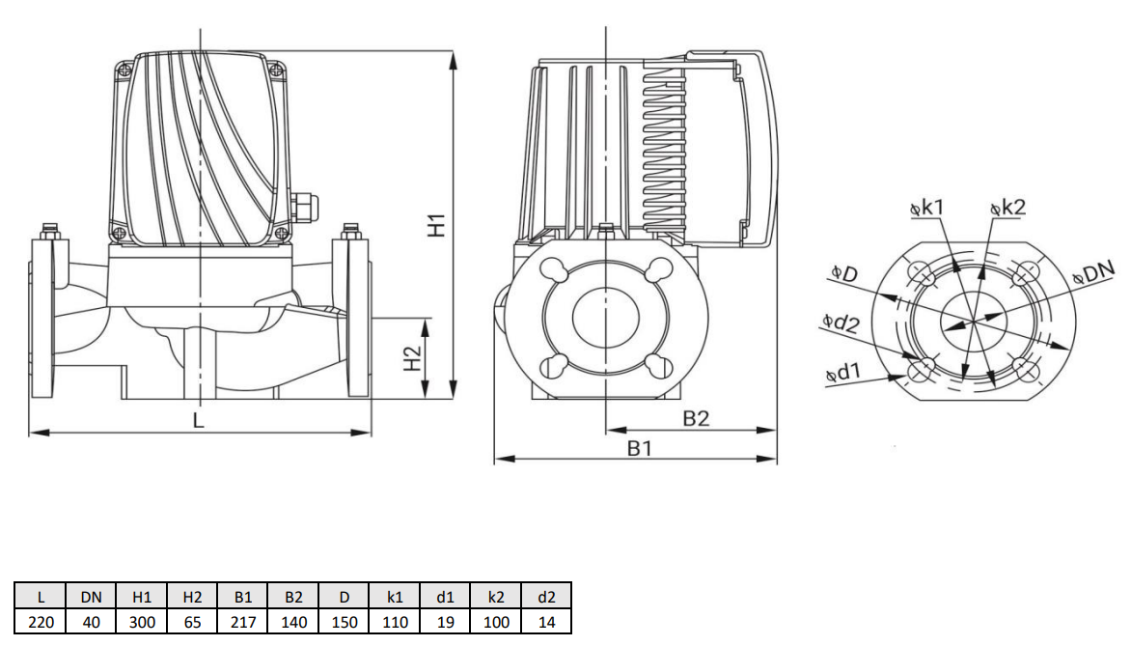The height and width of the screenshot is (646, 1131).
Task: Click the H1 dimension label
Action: coord(437,225)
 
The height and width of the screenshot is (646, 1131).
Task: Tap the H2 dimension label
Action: coord(412,358)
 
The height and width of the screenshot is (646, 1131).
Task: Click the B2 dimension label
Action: coord(696,418)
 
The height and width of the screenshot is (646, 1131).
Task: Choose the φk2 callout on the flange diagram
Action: coord(1007,207)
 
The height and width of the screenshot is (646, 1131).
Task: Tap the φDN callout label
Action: coord(1093,276)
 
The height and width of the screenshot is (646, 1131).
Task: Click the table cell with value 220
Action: coord(41,622)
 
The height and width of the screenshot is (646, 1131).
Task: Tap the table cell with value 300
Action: coord(142,622)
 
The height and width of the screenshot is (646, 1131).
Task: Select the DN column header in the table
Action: coord(91,597)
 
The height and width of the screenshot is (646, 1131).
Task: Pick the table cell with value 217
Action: coord(243,622)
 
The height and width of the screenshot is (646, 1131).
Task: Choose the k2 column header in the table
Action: coord(496,597)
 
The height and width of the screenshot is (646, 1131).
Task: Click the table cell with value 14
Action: coord(546,622)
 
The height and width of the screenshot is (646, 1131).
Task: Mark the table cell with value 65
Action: coord(192,622)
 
